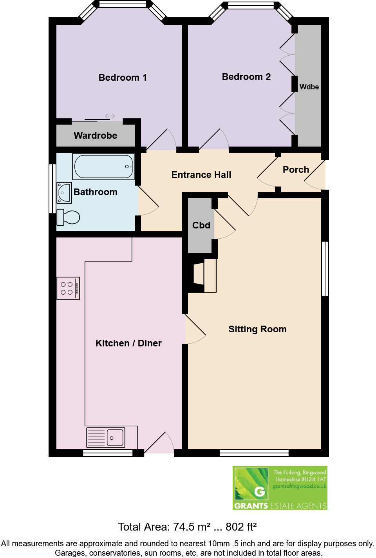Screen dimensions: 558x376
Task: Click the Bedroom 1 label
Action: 123,78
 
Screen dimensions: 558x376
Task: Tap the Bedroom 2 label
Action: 246,77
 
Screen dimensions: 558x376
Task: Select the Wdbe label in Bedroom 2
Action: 309,87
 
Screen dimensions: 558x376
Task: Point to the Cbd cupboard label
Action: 201,225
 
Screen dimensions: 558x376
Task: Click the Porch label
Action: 296,170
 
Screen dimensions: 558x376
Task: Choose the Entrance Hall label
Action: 201,175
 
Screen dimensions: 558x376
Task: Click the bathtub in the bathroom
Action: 103,167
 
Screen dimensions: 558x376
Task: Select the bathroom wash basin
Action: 64,192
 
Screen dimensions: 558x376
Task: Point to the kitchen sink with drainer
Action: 106,437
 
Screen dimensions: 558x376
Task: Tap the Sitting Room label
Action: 257,329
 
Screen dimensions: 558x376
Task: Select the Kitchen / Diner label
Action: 128,343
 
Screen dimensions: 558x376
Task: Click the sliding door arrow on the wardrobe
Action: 110,116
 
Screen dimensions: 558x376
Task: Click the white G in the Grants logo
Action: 259,491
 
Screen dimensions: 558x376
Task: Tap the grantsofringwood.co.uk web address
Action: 299,486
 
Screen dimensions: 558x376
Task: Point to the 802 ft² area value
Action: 241,527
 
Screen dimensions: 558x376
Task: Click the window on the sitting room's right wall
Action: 325,268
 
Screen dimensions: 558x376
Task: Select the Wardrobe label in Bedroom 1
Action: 95,136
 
